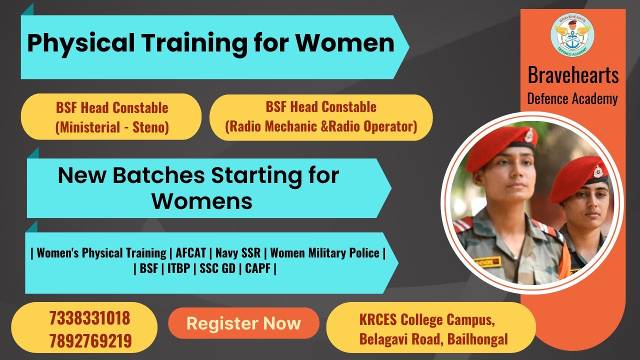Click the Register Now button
(243, 323)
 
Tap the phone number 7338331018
(89, 318)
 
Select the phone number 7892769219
(90, 341)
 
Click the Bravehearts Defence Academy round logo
(572, 35)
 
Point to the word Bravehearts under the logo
(573, 75)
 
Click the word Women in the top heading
(344, 43)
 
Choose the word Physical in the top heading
(80, 43)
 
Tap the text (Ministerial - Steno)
(111, 127)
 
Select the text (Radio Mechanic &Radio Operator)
(321, 126)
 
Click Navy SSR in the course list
(238, 253)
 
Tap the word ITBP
(178, 268)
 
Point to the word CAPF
(257, 268)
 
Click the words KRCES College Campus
(427, 319)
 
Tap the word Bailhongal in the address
(477, 340)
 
